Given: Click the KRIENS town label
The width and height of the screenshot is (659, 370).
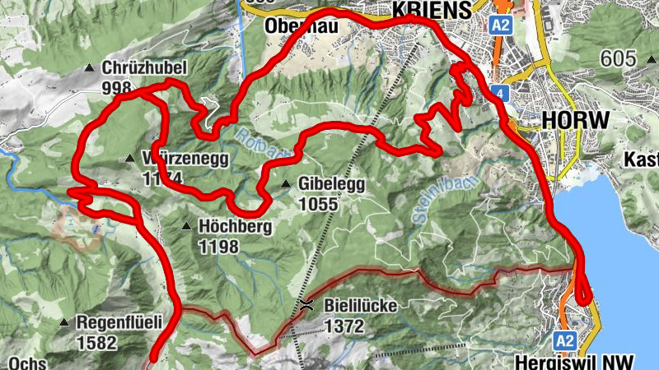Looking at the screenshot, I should coord(433,9).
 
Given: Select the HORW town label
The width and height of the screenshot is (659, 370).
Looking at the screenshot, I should coord(576,120).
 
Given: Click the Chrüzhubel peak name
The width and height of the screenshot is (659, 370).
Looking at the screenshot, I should coord(145,68).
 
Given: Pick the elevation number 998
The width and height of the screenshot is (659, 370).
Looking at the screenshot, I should coord(119,86).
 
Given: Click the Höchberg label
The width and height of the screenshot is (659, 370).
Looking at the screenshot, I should coord(230,226).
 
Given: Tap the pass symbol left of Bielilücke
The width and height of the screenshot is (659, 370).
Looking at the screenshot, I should coord(306,306).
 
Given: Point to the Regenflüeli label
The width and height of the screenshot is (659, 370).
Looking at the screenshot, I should coord(119,322).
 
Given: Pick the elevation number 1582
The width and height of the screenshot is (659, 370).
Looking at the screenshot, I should coord(96,342).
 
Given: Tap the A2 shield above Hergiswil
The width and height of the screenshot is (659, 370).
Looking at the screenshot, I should coord(564,340).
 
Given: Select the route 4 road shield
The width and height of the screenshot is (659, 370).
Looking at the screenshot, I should coord(499,92).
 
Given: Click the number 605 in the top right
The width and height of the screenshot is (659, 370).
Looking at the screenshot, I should coord(619,59).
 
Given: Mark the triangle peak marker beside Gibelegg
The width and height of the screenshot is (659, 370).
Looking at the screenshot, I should coord(285,184).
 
